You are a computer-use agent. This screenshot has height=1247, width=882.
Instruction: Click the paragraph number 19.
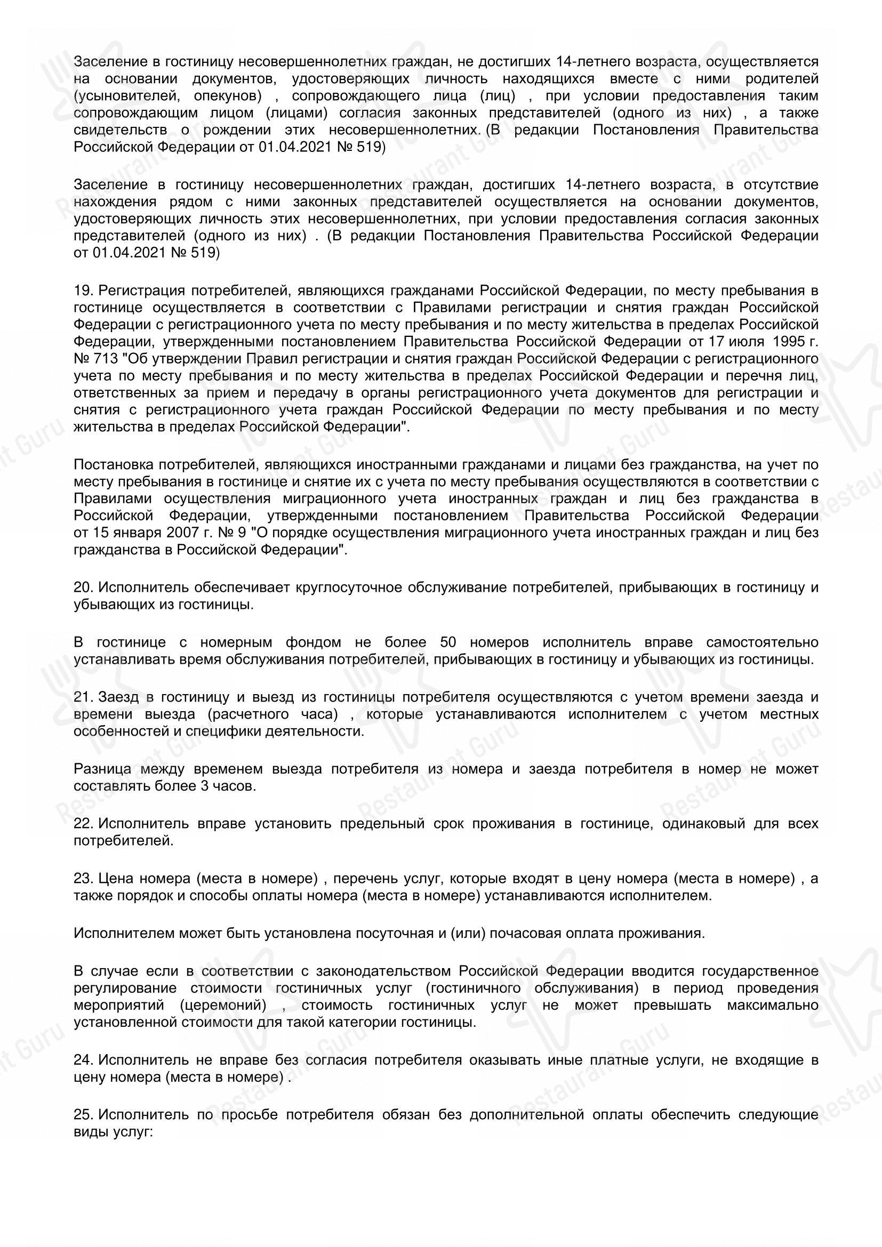click(x=83, y=290)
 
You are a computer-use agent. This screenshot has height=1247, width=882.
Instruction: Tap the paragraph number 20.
click(x=83, y=587)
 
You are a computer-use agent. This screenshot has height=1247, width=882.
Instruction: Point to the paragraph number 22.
click(x=83, y=823)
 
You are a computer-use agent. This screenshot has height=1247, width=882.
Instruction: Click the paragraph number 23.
click(x=83, y=878)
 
